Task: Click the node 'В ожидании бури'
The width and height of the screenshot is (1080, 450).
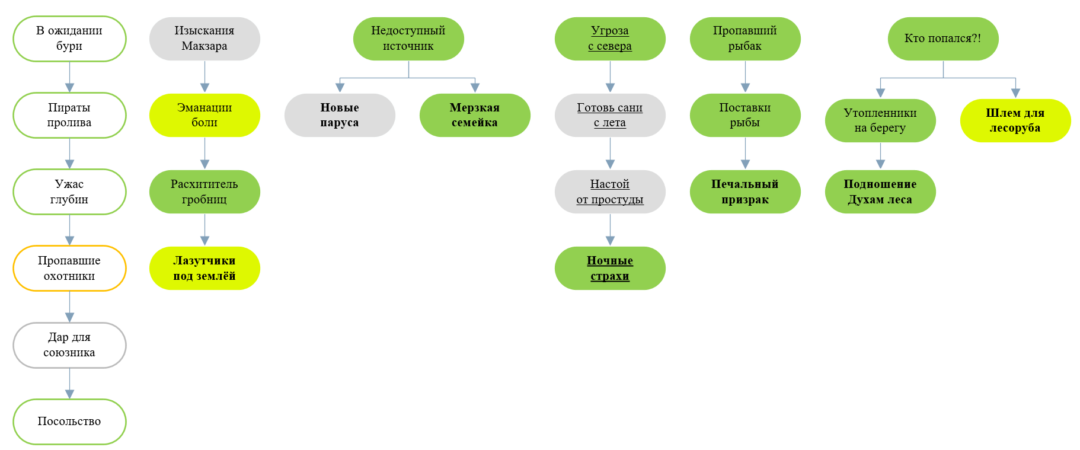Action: [x=69, y=39]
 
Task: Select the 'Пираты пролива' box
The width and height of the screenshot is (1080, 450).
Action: [x=69, y=115]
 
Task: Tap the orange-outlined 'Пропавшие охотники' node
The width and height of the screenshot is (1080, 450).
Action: [x=69, y=268]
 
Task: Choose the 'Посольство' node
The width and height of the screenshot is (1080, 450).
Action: [x=69, y=422]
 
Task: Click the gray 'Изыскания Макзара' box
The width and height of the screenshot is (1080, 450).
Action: [x=205, y=39]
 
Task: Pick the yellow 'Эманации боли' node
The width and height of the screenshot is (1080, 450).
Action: [x=205, y=115]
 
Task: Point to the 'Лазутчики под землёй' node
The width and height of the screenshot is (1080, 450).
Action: [x=205, y=268]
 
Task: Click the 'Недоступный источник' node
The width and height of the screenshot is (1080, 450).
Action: [x=408, y=39]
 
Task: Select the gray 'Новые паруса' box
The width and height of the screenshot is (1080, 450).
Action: [x=340, y=115]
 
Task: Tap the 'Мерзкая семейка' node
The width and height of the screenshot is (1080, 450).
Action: [x=475, y=115]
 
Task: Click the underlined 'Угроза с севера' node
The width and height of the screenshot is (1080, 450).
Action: [x=610, y=39]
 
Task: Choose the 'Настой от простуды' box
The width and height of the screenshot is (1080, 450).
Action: [x=610, y=192]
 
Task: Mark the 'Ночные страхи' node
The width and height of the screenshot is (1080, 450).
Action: [x=610, y=268]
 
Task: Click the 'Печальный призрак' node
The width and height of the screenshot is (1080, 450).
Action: [x=745, y=192]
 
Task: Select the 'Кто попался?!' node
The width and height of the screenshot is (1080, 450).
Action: [x=943, y=39]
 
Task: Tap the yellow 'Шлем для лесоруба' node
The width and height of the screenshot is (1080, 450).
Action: [x=1015, y=120]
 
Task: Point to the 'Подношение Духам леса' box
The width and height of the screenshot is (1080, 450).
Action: [x=880, y=192]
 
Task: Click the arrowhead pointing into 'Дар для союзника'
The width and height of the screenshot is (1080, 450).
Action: [x=69, y=317]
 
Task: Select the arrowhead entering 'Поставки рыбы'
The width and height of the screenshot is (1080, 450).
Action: [x=745, y=88]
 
